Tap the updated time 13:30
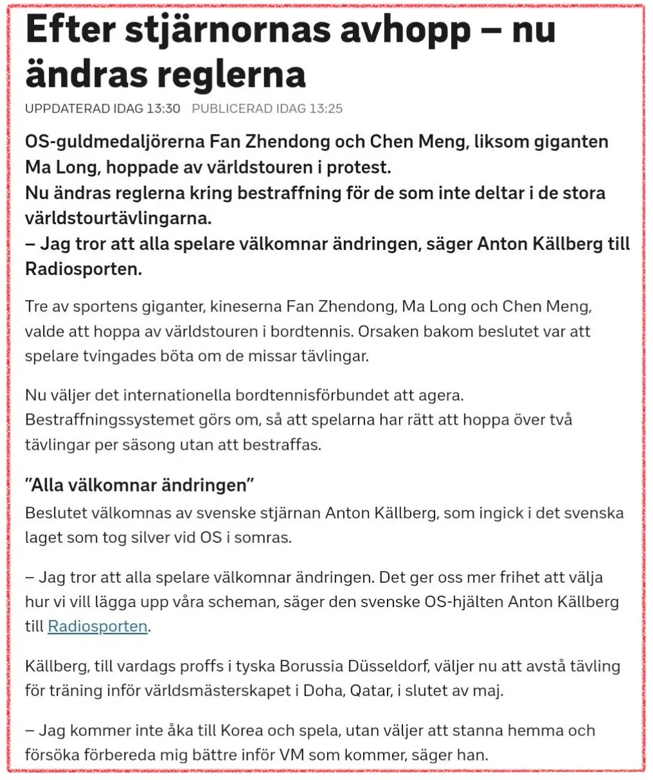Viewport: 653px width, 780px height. [x=163, y=109]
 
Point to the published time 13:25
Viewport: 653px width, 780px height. [x=326, y=109]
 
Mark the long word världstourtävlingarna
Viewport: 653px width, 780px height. [x=118, y=218]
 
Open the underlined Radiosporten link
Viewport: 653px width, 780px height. [x=98, y=626]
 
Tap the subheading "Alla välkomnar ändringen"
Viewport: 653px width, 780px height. [x=139, y=484]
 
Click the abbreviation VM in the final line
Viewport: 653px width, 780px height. [x=291, y=755]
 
